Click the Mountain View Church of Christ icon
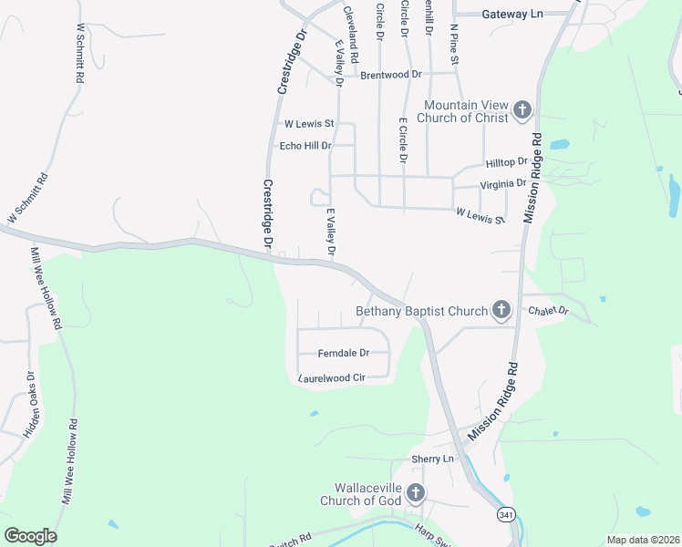522,111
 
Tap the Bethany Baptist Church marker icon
501,311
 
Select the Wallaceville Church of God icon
415,494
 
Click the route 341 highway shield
506,515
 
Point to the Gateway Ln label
511,15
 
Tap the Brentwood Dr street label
391,75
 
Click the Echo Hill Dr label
305,145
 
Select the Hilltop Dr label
507,162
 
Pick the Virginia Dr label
503,183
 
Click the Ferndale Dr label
343,353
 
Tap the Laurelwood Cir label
331,377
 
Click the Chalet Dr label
548,311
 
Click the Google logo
30,536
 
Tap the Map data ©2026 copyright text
643,540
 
